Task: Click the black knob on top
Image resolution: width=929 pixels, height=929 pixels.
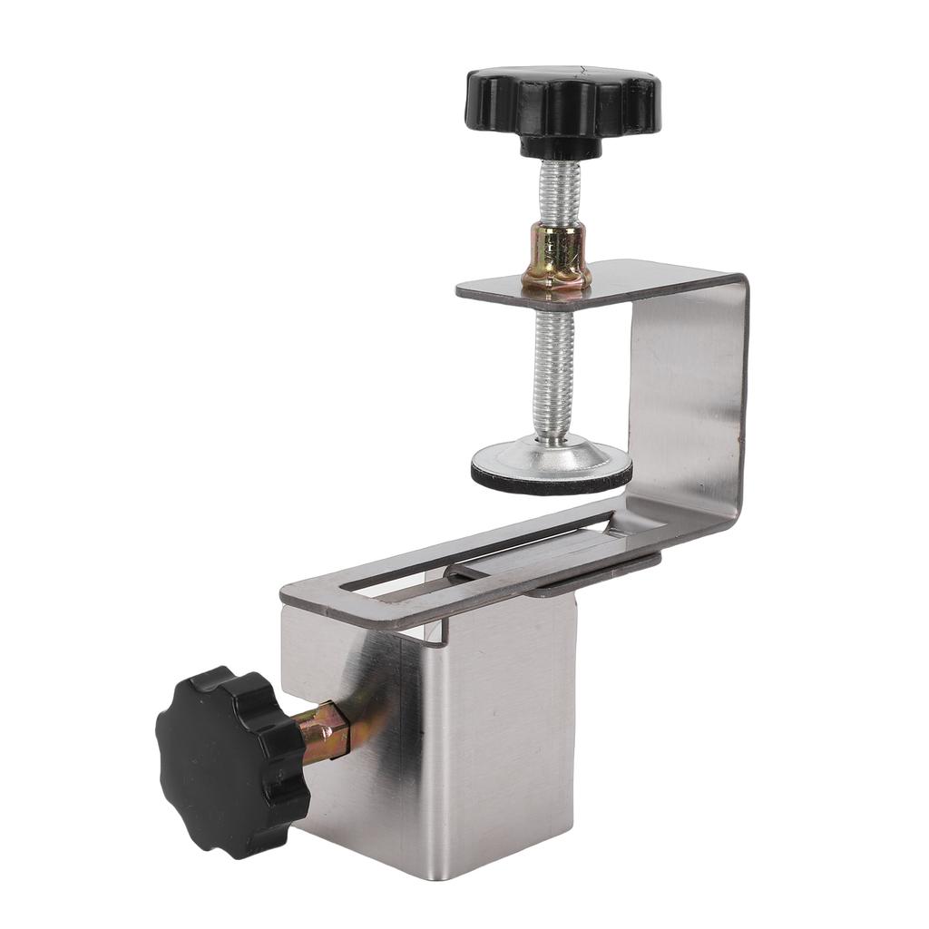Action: coord(562,101)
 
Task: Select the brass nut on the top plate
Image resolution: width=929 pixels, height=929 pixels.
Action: coord(555,259)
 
